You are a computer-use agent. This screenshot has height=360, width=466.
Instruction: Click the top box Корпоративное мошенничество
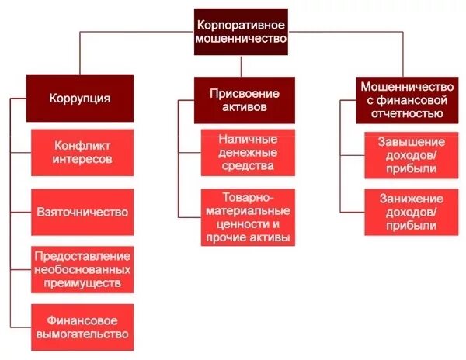point(240,31)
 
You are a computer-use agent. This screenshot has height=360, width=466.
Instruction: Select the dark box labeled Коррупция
point(80,99)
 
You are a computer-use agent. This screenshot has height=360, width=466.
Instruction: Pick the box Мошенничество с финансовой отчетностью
point(402,99)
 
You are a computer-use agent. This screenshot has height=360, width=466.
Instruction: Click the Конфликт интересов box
point(83,152)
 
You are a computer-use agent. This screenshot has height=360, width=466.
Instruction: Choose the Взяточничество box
point(83,211)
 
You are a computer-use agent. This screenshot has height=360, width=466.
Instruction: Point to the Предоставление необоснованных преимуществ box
point(83,269)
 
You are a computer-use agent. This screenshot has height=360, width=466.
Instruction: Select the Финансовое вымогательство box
point(83,327)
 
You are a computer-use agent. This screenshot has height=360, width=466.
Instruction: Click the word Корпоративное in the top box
point(240,23)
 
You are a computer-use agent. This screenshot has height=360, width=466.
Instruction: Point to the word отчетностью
point(402,113)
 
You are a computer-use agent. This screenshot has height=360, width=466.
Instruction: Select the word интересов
point(83,159)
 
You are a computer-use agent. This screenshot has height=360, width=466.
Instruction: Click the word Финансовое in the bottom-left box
point(83,320)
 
